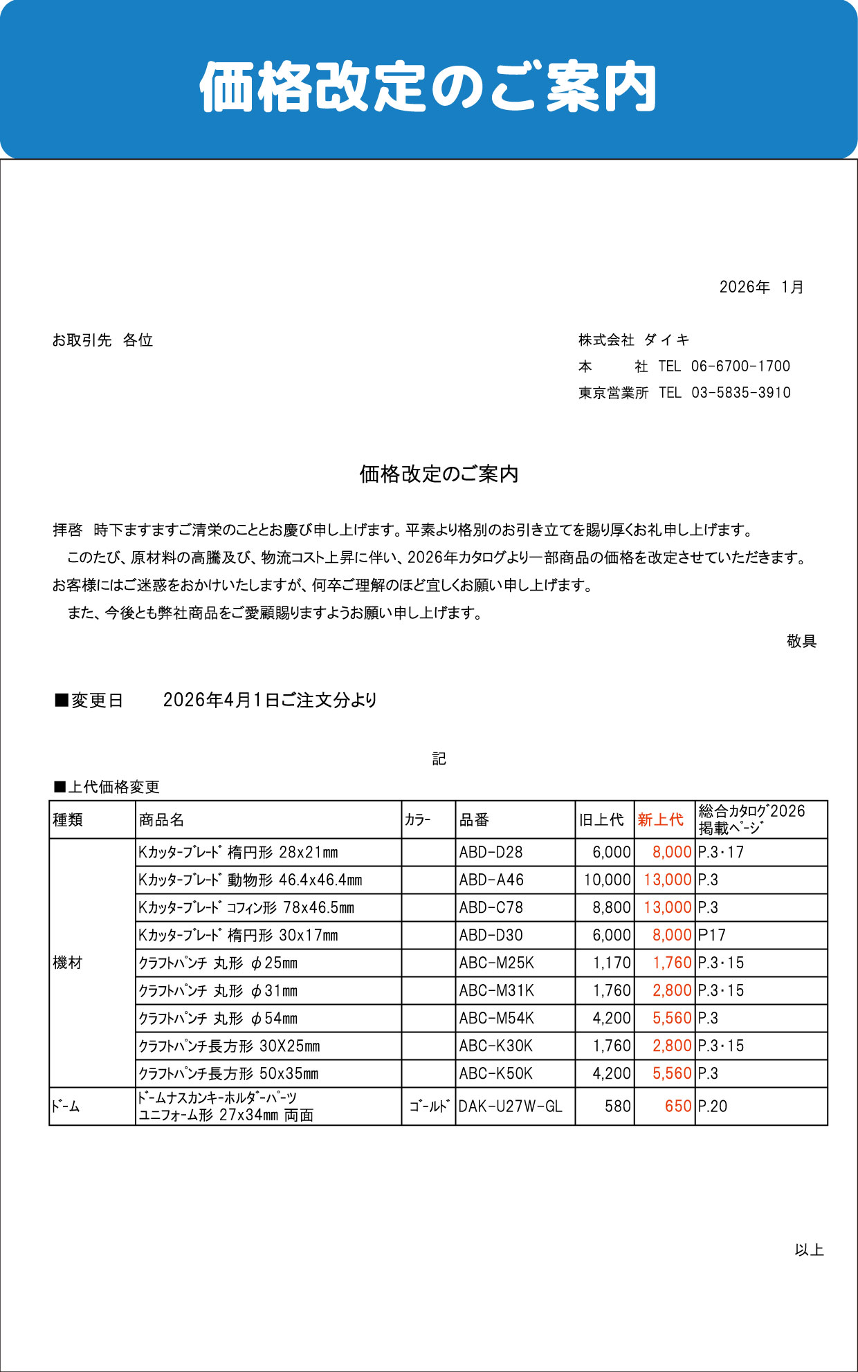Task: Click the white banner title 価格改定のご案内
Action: point(428,87)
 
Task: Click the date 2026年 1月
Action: point(761,287)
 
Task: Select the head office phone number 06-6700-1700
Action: point(740,366)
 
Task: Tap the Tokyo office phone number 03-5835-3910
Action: point(740,393)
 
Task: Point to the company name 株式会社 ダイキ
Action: point(634,340)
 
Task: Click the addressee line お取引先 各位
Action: point(102,340)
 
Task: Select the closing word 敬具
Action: point(801,641)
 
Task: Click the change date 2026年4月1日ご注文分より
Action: point(270,700)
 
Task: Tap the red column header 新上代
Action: point(660,819)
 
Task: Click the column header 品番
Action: point(474,819)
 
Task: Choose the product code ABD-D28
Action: point(491,852)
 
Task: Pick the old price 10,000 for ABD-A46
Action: point(607,880)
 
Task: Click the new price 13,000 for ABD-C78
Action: point(667,907)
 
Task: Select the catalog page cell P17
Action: point(711,935)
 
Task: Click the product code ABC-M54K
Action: point(496,1018)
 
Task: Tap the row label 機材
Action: point(67,963)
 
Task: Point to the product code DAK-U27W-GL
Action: point(510,1106)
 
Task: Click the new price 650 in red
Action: point(677,1106)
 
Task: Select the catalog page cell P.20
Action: point(712,1106)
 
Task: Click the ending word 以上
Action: point(809,1250)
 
